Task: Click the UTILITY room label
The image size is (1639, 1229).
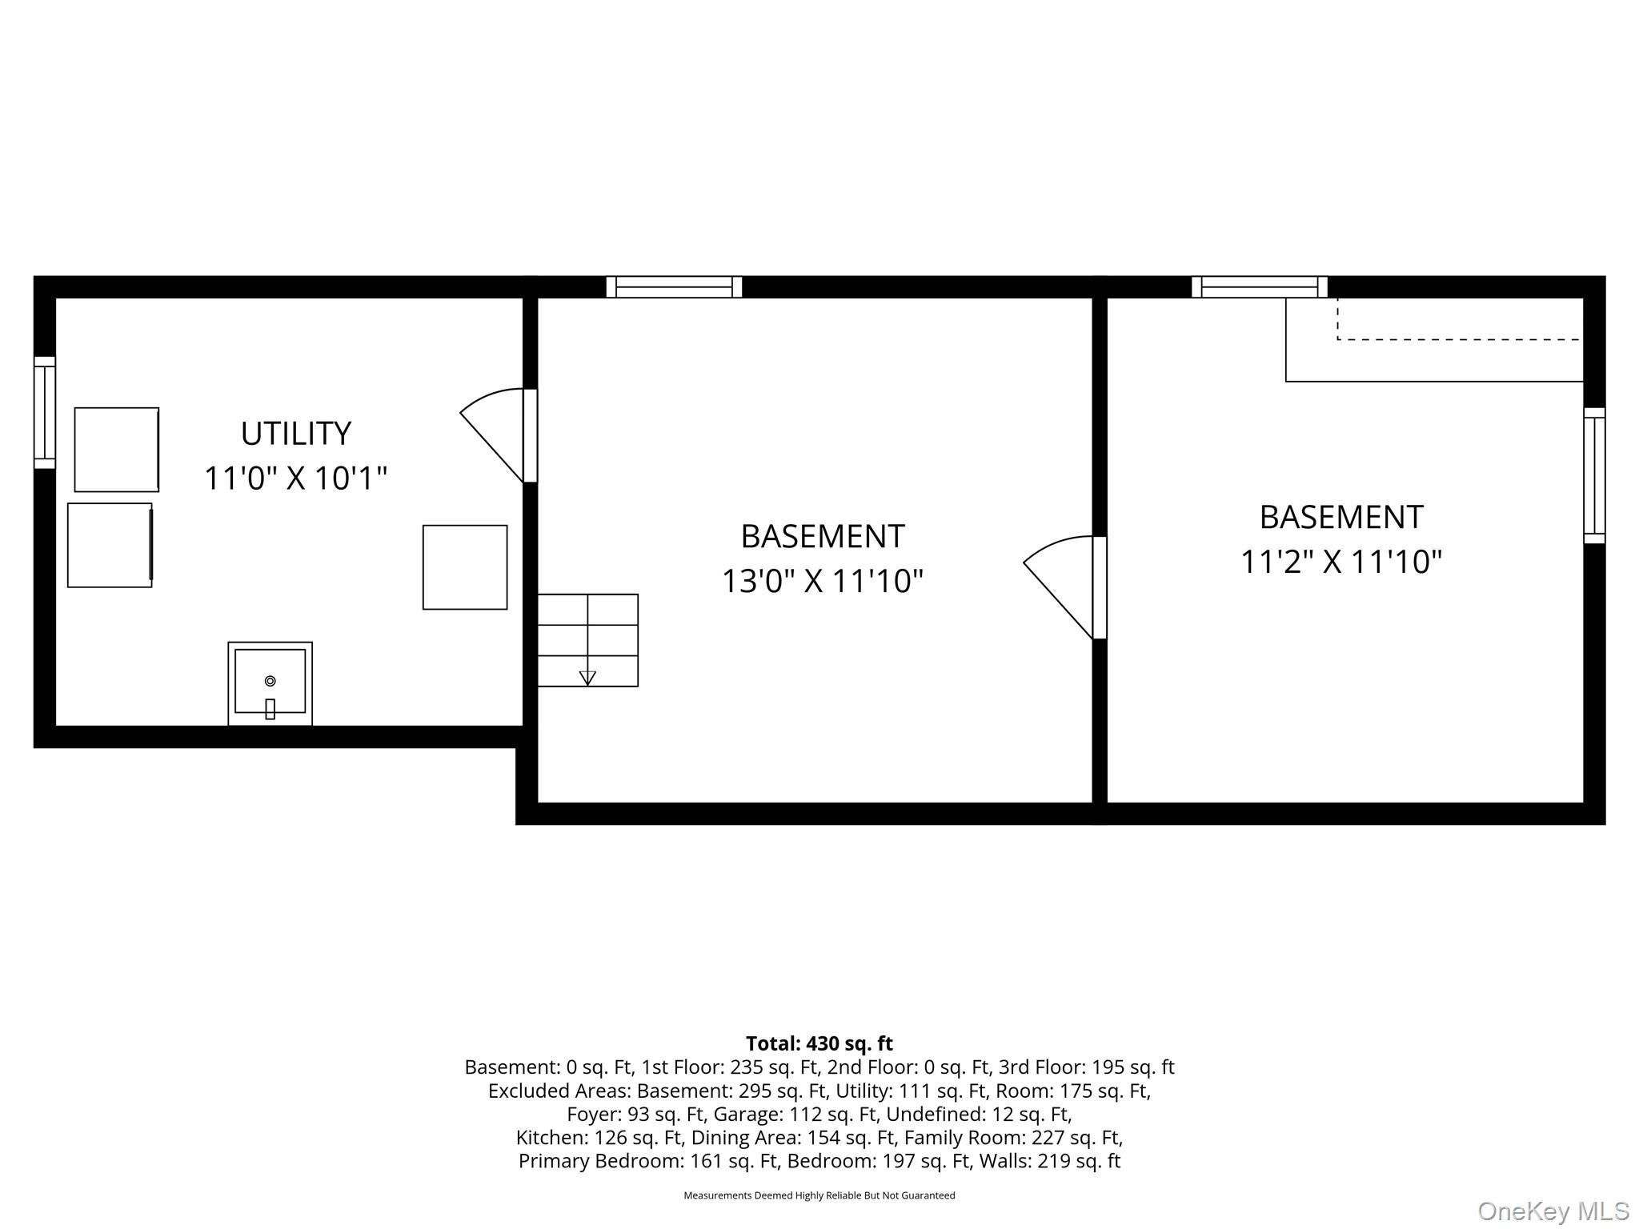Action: [x=296, y=434]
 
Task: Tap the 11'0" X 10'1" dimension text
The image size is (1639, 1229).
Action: [x=296, y=478]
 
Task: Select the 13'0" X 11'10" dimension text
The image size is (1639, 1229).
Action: [x=823, y=581]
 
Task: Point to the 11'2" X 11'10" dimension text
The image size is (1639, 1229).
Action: [x=1341, y=562]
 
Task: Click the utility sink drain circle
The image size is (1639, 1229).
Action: [x=270, y=681]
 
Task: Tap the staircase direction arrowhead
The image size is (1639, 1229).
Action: [x=587, y=679]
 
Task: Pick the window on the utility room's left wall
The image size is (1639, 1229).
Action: [x=45, y=413]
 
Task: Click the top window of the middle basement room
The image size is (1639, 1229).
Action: [x=674, y=287]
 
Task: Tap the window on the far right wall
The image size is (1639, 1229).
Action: [x=1594, y=476]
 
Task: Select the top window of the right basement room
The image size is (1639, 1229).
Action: [x=1260, y=287]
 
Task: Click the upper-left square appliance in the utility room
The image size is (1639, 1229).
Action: [x=117, y=450]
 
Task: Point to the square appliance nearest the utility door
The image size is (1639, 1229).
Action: [x=465, y=567]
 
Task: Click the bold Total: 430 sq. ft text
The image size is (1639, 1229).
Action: [x=819, y=1044]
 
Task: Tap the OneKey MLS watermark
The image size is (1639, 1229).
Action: [x=1553, y=1211]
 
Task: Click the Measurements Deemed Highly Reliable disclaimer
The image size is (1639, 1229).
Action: [x=819, y=1195]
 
